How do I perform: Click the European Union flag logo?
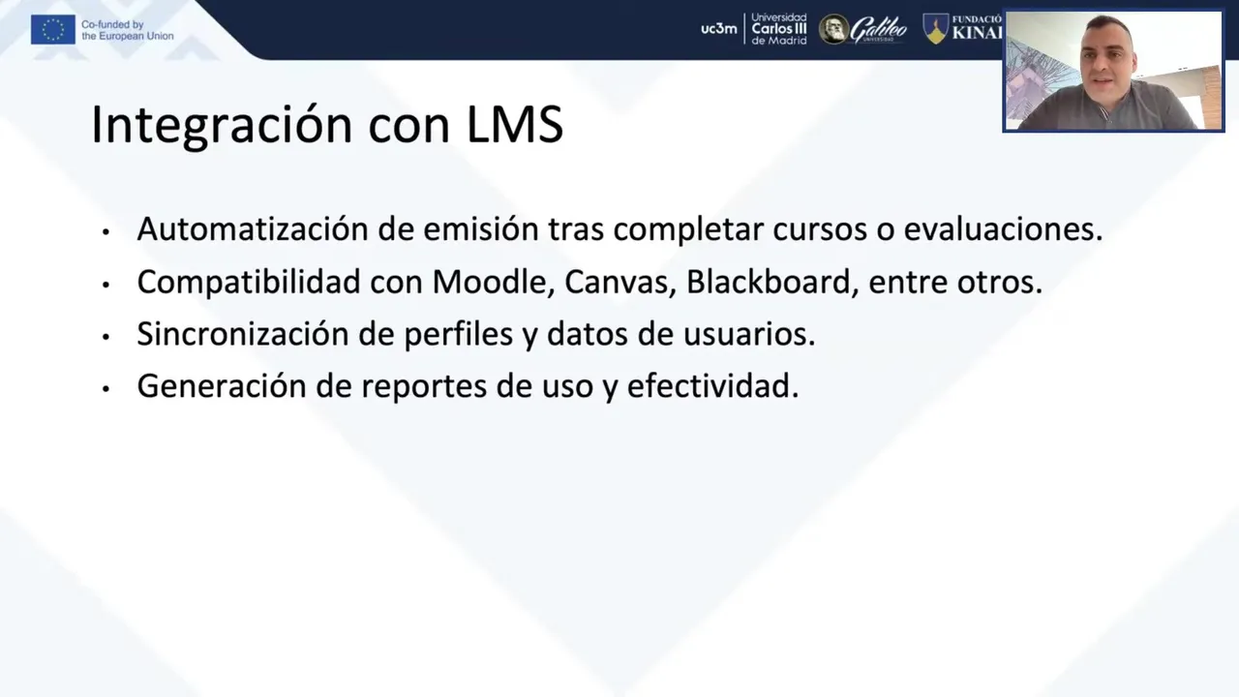pyautogui.click(x=53, y=30)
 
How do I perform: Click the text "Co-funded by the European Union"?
pyautogui.click(x=127, y=30)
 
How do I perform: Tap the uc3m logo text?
pyautogui.click(x=719, y=29)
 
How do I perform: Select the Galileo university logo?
pyautogui.click(x=862, y=29)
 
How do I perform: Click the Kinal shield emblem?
pyautogui.click(x=935, y=29)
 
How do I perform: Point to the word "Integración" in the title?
pyautogui.click(x=222, y=125)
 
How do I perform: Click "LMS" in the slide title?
pyautogui.click(x=515, y=124)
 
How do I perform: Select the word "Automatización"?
pyautogui.click(x=253, y=228)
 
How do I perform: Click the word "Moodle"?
pyautogui.click(x=494, y=282)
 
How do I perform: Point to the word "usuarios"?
pyautogui.click(x=749, y=334)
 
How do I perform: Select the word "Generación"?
pyautogui.click(x=222, y=385)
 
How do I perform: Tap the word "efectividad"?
pyautogui.click(x=713, y=385)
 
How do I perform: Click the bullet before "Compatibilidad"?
pyautogui.click(x=106, y=285)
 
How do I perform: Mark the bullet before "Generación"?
pyautogui.click(x=106, y=388)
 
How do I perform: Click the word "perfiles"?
pyautogui.click(x=459, y=335)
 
